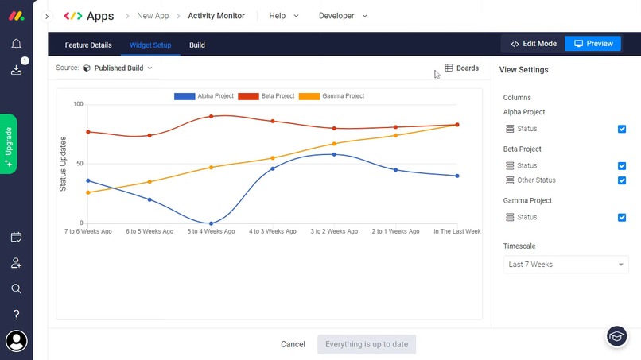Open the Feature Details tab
88,45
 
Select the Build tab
197,45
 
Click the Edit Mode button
533,44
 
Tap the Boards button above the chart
461,68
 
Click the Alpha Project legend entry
204,96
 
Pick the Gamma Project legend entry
332,96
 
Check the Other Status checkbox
622,180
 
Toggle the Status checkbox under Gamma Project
622,217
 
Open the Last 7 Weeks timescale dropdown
565,265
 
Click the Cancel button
293,344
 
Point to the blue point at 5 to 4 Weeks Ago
211,223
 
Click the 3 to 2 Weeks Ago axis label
334,232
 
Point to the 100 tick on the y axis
78,104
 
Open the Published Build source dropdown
123,68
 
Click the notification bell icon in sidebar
16,44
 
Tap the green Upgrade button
9,144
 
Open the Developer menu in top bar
344,16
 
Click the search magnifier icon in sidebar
16,288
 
